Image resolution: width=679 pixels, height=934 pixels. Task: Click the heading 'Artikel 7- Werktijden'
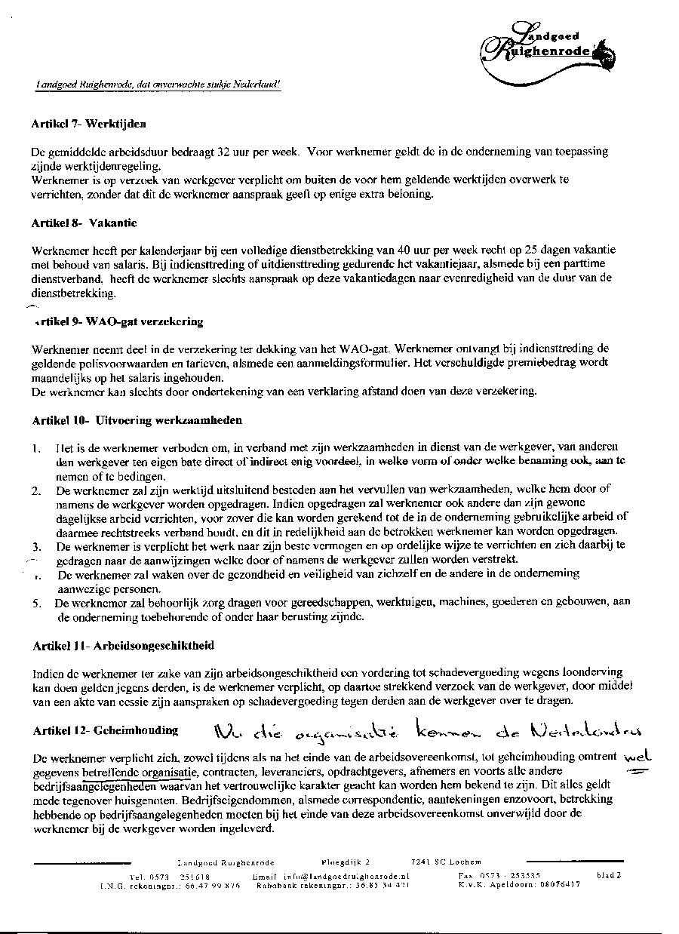tap(89, 122)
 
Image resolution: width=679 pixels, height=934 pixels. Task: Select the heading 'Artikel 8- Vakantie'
tap(84, 223)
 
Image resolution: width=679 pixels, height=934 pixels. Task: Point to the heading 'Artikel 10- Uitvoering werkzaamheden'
tap(137, 419)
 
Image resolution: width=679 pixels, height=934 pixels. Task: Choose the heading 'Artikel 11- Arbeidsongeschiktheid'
tap(123, 646)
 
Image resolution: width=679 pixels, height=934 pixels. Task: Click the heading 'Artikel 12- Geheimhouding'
tap(106, 730)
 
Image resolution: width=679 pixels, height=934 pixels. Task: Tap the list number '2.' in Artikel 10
tap(36, 491)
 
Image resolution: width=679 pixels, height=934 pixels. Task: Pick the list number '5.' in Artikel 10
tap(36, 604)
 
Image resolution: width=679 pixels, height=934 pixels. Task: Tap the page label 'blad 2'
tap(609, 876)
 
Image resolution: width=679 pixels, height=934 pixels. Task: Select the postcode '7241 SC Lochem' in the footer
tap(441, 861)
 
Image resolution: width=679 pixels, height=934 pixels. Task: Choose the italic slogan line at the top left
tap(158, 85)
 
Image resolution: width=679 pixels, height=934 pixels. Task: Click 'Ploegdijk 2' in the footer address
tap(346, 861)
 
